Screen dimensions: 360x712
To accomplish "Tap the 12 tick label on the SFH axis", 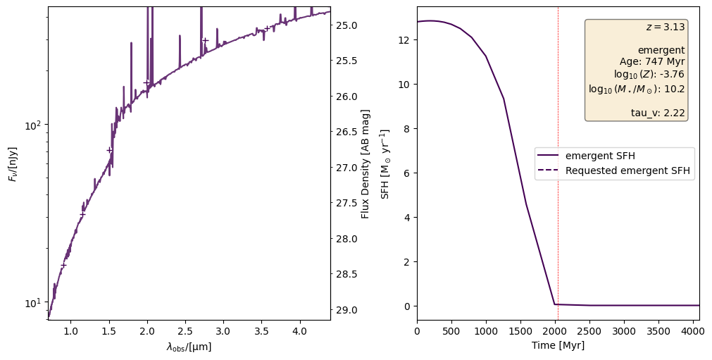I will click(404, 40).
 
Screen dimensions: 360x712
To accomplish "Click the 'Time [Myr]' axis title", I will click(558, 345).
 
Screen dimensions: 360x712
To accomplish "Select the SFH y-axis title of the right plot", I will click(385, 164).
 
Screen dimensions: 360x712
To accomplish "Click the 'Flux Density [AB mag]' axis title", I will click(366, 164).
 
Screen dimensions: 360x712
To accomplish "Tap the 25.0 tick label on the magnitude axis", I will click(348, 25).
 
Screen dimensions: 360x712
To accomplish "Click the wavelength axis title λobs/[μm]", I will click(189, 346).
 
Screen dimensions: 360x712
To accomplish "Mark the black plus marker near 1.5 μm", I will click(109, 150).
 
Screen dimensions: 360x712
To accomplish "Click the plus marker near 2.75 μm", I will click(205, 40).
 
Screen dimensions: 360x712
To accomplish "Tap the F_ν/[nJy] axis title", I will click(12, 164).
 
